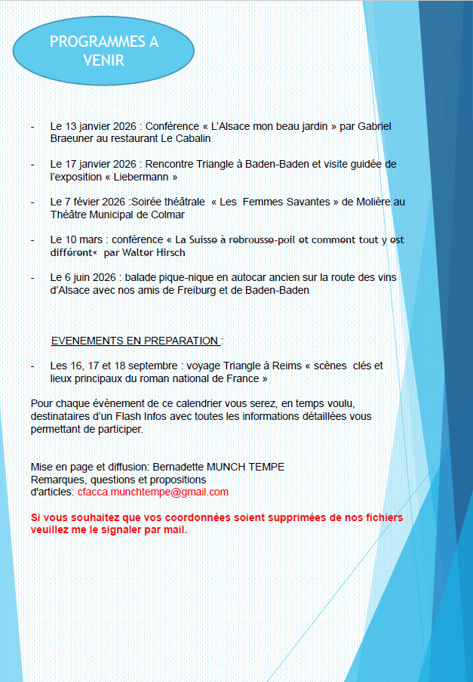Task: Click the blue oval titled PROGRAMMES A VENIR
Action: click(x=104, y=51)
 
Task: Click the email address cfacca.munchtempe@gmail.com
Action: click(x=152, y=492)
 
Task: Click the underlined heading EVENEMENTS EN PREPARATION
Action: click(x=135, y=341)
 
